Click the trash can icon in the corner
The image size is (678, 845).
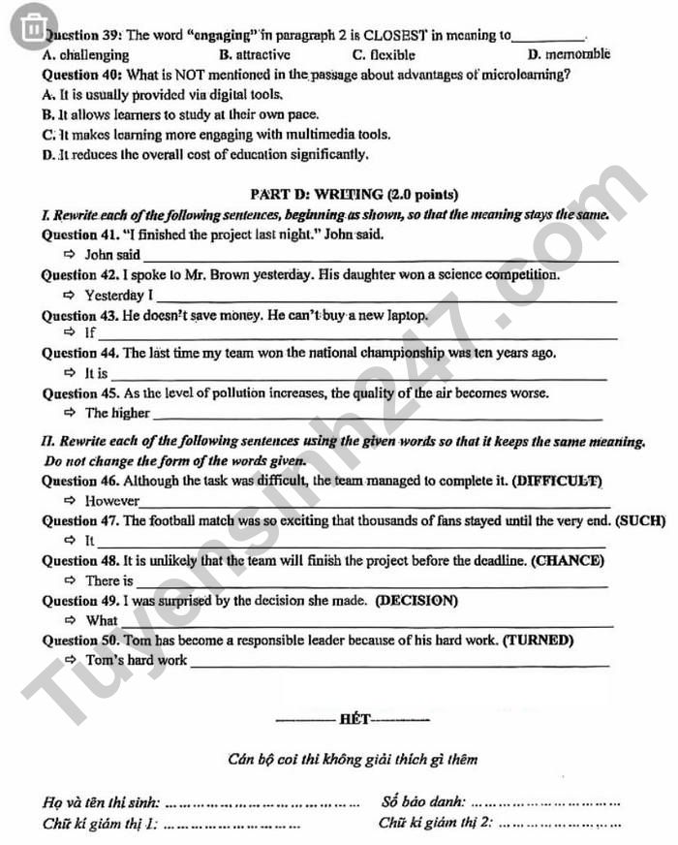(33, 26)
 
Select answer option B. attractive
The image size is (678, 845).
(255, 55)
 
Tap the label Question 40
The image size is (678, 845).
(81, 75)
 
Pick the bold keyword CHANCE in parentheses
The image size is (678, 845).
(574, 560)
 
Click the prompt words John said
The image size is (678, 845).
(112, 255)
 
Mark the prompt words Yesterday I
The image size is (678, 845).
(118, 295)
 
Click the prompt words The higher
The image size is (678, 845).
(117, 413)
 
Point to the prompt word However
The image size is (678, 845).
(111, 501)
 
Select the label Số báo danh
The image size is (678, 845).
(423, 801)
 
